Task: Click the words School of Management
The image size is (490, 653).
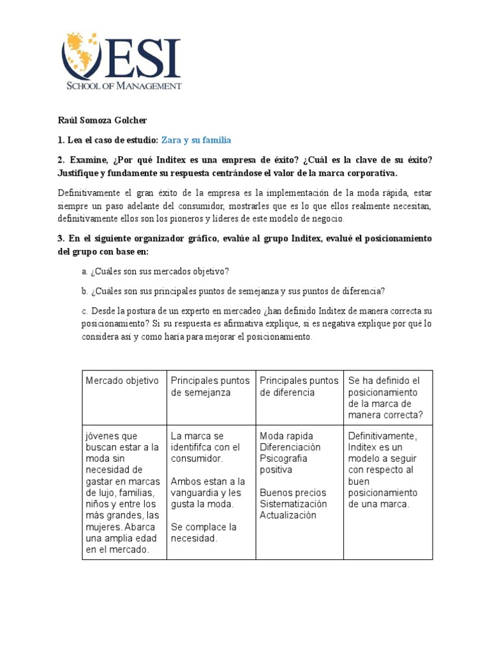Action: point(124,85)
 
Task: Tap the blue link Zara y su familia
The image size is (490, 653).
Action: point(197,140)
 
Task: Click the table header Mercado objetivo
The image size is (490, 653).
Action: point(122,381)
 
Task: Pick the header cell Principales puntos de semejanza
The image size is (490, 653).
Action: point(210,386)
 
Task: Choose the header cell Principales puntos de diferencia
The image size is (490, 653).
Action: point(299,386)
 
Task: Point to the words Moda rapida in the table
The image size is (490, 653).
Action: point(286,436)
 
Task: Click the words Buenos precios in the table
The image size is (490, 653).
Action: point(293,493)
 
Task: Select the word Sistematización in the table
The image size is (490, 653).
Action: point(293,504)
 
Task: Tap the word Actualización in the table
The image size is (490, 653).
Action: point(288,515)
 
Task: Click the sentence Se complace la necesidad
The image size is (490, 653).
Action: point(204,532)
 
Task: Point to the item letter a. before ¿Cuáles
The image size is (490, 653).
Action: point(85,272)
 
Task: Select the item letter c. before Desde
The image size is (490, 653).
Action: point(85,311)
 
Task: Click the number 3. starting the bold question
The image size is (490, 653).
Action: point(62,238)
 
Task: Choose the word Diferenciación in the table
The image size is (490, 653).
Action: point(290,448)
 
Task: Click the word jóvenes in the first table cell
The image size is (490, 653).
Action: point(103,436)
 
